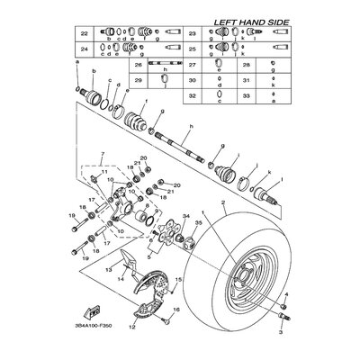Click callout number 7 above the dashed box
(x=103, y=155)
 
